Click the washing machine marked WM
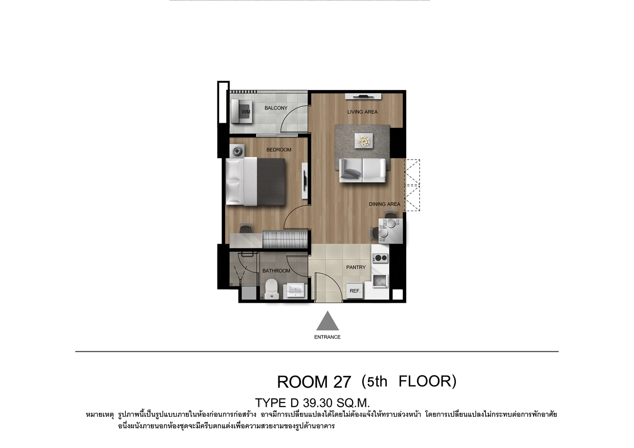coord(242,111)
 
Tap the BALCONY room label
coord(276,108)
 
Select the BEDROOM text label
coord(279,150)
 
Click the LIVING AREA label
coord(362,112)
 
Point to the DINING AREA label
coord(384,204)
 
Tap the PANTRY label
coord(356,267)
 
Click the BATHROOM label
coord(276,271)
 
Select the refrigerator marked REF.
coord(355,290)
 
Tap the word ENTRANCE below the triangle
coord(327,337)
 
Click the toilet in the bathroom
coord(272,288)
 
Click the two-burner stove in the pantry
coord(380,258)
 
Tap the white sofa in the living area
coord(363,170)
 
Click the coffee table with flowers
coord(363,141)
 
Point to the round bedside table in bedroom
coord(237,151)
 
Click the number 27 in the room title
coord(342,382)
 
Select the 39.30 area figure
coord(318,402)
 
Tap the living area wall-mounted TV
coord(363,97)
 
